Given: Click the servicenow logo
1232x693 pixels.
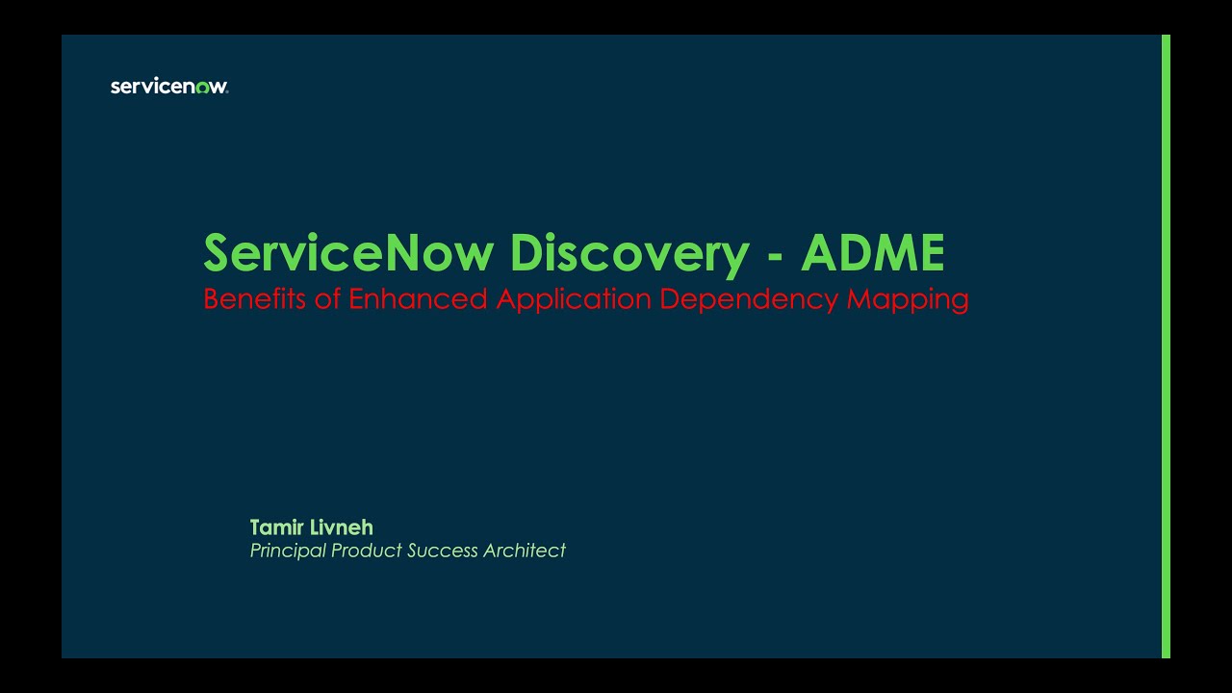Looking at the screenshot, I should pyautogui.click(x=169, y=87).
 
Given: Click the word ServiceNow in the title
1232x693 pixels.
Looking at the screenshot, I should pyautogui.click(x=347, y=253).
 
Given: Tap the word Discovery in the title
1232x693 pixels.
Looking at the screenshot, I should pyautogui.click(x=629, y=253).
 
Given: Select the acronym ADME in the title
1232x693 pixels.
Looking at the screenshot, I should pyautogui.click(x=872, y=253).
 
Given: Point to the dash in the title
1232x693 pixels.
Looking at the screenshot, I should pyautogui.click(x=775, y=256).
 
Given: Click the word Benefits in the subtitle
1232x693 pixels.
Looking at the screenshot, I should pyautogui.click(x=255, y=299).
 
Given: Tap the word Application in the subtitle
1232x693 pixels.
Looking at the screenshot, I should pyautogui.click(x=574, y=299).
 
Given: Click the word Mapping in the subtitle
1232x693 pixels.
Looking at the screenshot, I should pyautogui.click(x=908, y=299).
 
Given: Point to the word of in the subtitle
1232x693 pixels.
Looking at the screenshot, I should pyautogui.click(x=328, y=299).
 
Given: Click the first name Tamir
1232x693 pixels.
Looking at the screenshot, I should pyautogui.click(x=275, y=527).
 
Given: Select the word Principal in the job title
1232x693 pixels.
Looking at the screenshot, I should pyautogui.click(x=288, y=551).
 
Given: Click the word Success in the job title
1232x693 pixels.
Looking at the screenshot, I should pyautogui.click(x=442, y=551).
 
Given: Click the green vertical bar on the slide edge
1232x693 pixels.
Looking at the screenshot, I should pyautogui.click(x=1166, y=346).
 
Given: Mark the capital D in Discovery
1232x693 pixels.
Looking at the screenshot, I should pyautogui.click(x=526, y=253).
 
